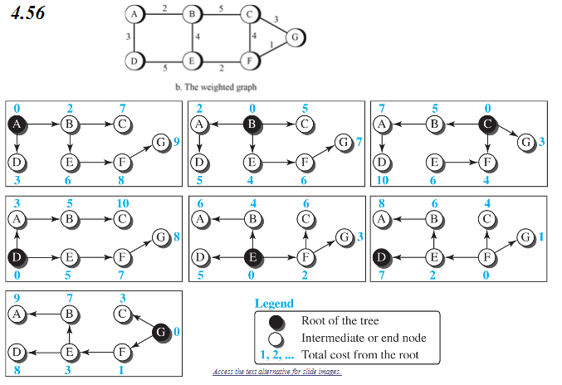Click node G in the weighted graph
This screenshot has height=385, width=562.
295,37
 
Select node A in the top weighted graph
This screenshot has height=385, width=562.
135,14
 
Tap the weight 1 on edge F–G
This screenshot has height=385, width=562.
271,44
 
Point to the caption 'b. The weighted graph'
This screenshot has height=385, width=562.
211,85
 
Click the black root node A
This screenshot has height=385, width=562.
17,124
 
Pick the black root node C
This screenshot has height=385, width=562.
487,124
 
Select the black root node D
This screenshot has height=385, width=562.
17,255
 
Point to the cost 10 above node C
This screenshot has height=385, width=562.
123,202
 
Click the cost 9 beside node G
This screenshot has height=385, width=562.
177,143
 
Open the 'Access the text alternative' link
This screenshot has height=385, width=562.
276,371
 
